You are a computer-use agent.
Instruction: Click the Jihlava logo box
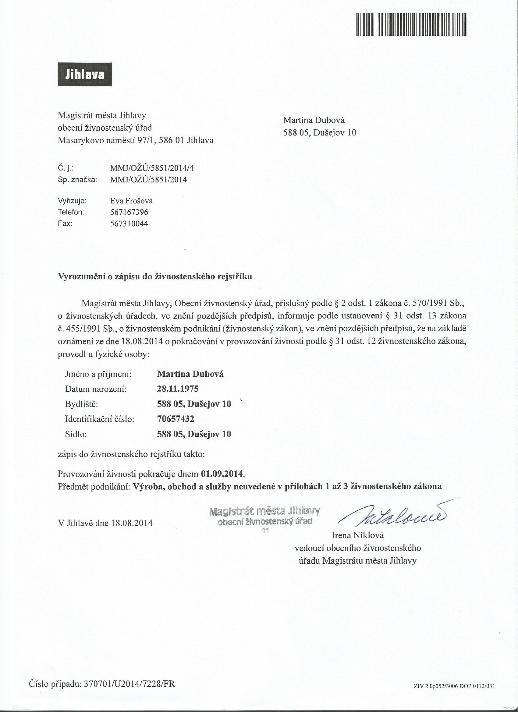[x=85, y=74]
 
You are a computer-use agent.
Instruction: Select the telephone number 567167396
[x=129, y=212]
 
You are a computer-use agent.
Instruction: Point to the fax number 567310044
[x=129, y=224]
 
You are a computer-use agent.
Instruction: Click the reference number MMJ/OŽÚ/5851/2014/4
[x=152, y=168]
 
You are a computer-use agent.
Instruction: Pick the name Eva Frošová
[x=131, y=201]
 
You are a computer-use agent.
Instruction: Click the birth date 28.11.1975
[x=178, y=389]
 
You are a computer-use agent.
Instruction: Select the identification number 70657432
[x=176, y=418]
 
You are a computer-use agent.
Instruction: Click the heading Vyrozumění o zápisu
[x=155, y=277]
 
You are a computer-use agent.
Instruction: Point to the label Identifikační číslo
[x=100, y=419]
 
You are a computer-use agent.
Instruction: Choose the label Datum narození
[x=96, y=389]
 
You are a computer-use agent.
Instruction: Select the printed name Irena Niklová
[x=357, y=535]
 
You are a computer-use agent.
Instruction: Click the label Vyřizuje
[x=72, y=201]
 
